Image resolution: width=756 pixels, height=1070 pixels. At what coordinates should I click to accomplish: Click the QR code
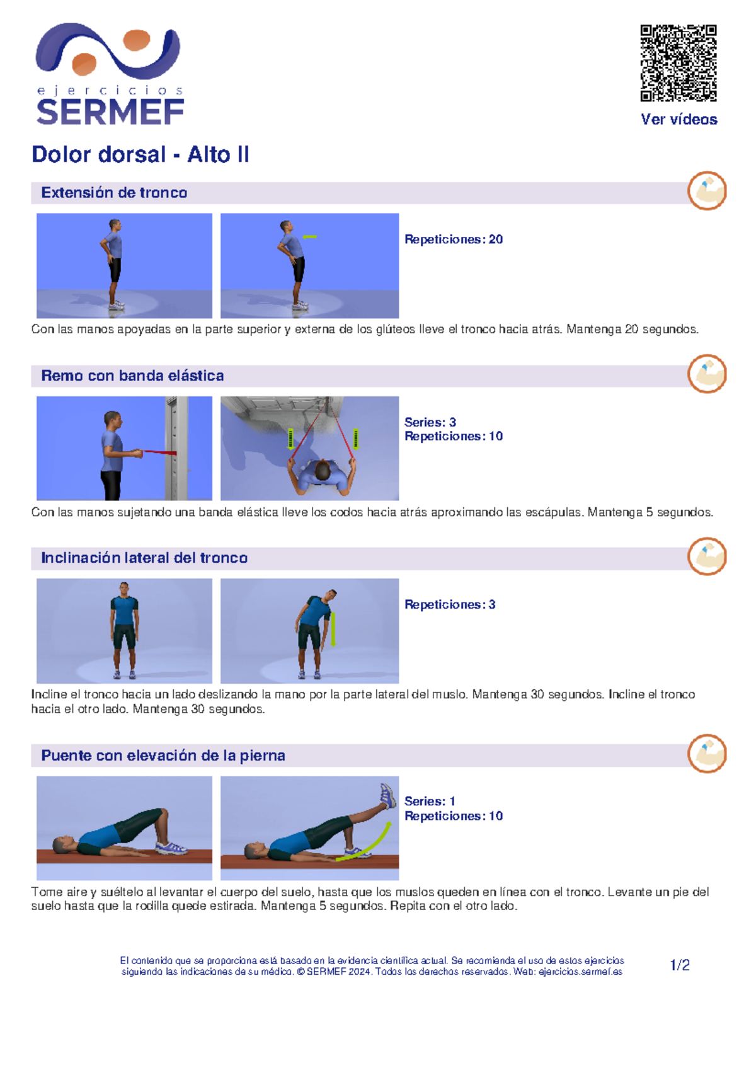click(678, 62)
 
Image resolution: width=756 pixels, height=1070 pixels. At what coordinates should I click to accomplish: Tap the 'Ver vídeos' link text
click(679, 119)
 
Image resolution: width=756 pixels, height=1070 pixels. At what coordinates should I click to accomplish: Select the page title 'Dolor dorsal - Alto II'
click(140, 154)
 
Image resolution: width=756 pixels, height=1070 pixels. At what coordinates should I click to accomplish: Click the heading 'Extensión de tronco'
click(114, 192)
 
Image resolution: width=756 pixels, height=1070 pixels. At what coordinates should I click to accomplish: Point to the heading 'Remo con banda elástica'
click(132, 376)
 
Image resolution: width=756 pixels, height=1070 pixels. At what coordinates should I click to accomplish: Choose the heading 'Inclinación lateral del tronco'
click(144, 558)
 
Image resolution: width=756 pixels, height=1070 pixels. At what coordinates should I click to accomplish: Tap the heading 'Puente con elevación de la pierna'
click(163, 755)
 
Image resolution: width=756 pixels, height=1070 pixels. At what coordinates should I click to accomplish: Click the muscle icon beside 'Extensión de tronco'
click(707, 190)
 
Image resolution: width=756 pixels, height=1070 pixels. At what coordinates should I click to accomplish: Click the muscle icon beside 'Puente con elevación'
click(707, 753)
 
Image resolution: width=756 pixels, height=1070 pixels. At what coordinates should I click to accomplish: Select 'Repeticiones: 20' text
click(453, 239)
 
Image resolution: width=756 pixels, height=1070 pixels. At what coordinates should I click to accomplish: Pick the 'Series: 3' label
click(430, 422)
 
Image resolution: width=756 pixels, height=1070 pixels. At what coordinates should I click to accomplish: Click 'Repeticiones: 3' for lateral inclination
click(449, 604)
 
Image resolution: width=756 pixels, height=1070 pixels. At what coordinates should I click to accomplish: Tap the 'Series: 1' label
click(429, 801)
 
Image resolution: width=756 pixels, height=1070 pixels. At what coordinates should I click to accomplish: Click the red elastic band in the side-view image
click(159, 452)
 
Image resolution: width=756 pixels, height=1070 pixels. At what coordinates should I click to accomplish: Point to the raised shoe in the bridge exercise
click(388, 795)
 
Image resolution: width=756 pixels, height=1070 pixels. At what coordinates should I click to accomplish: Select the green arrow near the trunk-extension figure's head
click(309, 236)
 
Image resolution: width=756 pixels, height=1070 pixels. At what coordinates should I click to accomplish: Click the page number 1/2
click(680, 965)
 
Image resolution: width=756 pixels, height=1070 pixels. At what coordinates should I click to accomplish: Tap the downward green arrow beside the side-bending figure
click(333, 630)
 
